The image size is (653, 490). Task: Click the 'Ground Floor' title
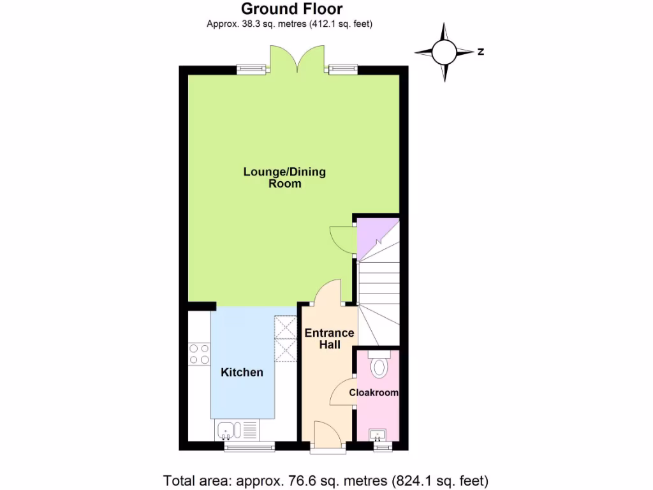coord(291,9)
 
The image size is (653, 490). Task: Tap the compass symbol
coord(444,52)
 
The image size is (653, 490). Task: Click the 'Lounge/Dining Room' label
coord(284,177)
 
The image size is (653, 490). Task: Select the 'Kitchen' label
coord(242,372)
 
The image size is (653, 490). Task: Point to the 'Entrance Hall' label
coord(329,339)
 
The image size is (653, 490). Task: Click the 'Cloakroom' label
coord(374,393)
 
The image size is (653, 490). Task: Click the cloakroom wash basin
coord(379,434)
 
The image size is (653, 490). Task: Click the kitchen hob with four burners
coord(200,353)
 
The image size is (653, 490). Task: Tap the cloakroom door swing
coord(343,390)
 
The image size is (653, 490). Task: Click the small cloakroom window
coord(383,447)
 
